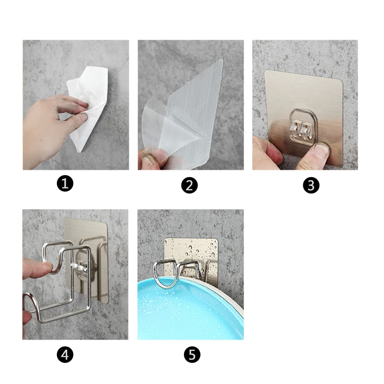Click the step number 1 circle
(x=65, y=184)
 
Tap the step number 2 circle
(x=189, y=185)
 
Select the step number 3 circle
(x=311, y=185)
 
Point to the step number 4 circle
(x=65, y=354)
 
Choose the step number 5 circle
(x=192, y=354)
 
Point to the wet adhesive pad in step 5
(x=191, y=255)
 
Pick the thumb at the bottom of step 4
(x=27, y=318)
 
